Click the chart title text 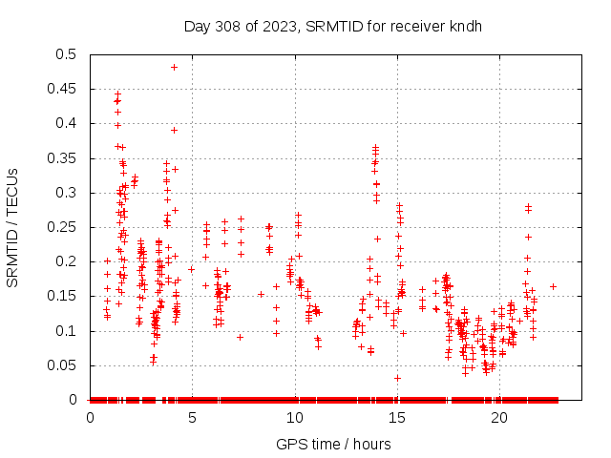pyautogui.click(x=333, y=26)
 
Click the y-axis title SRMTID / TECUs pyautogui.click(x=12, y=227)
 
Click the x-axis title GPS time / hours pyautogui.click(x=333, y=444)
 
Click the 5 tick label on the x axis pyautogui.click(x=193, y=418)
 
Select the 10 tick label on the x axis pyautogui.click(x=295, y=418)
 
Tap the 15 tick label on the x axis pyautogui.click(x=397, y=418)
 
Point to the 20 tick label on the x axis pyautogui.click(x=499, y=418)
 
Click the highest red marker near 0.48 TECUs pyautogui.click(x=174, y=67)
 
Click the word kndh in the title pyautogui.click(x=466, y=26)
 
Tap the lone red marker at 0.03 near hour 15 pyautogui.click(x=397, y=378)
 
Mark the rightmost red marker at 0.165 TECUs pyautogui.click(x=553, y=286)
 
